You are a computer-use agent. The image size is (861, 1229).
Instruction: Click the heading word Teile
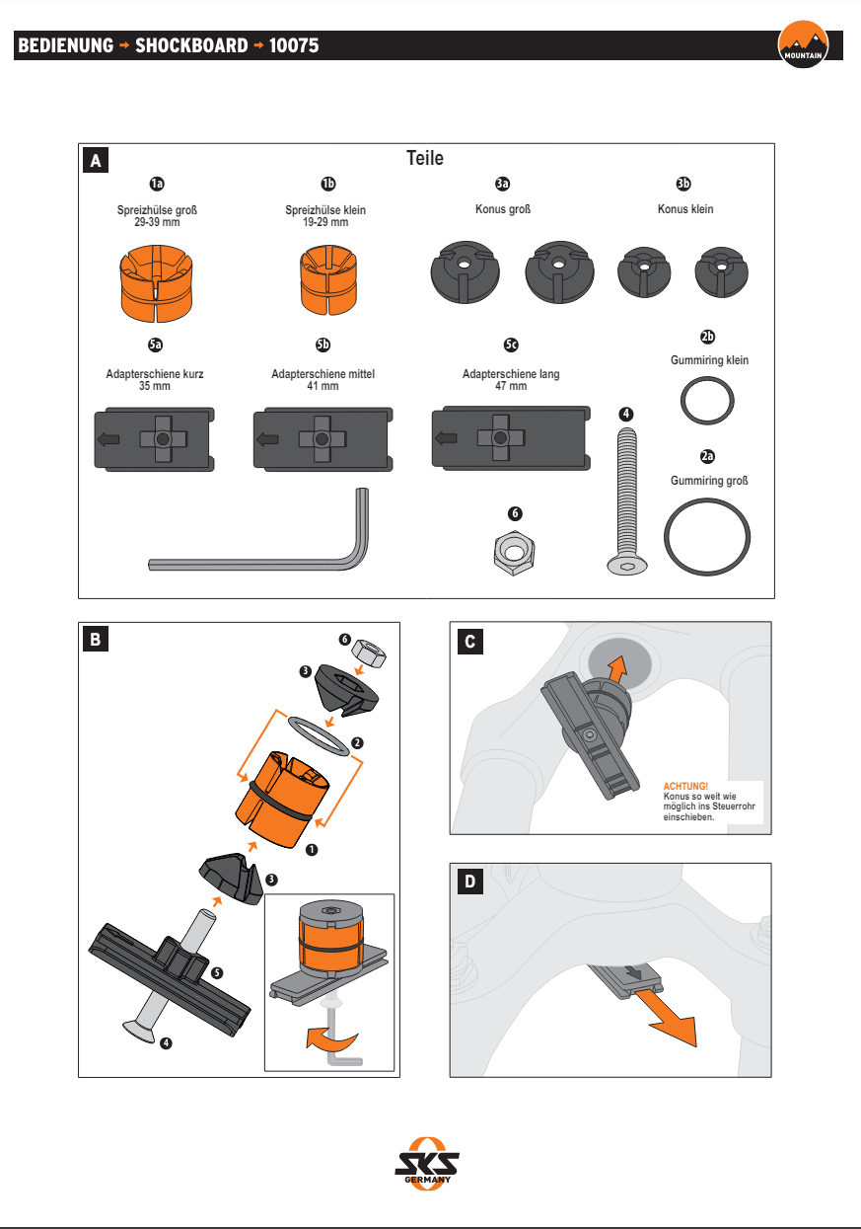(x=425, y=158)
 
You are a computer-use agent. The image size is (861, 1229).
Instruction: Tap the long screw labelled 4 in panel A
(x=627, y=494)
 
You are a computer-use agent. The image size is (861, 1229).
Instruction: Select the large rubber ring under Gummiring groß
(x=706, y=534)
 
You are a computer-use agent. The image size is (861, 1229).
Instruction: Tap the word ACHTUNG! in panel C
(x=685, y=786)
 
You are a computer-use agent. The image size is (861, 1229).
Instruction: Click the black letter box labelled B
(x=95, y=639)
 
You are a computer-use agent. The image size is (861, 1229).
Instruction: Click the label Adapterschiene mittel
(x=323, y=374)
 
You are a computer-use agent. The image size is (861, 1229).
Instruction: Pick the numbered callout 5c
(x=511, y=345)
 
